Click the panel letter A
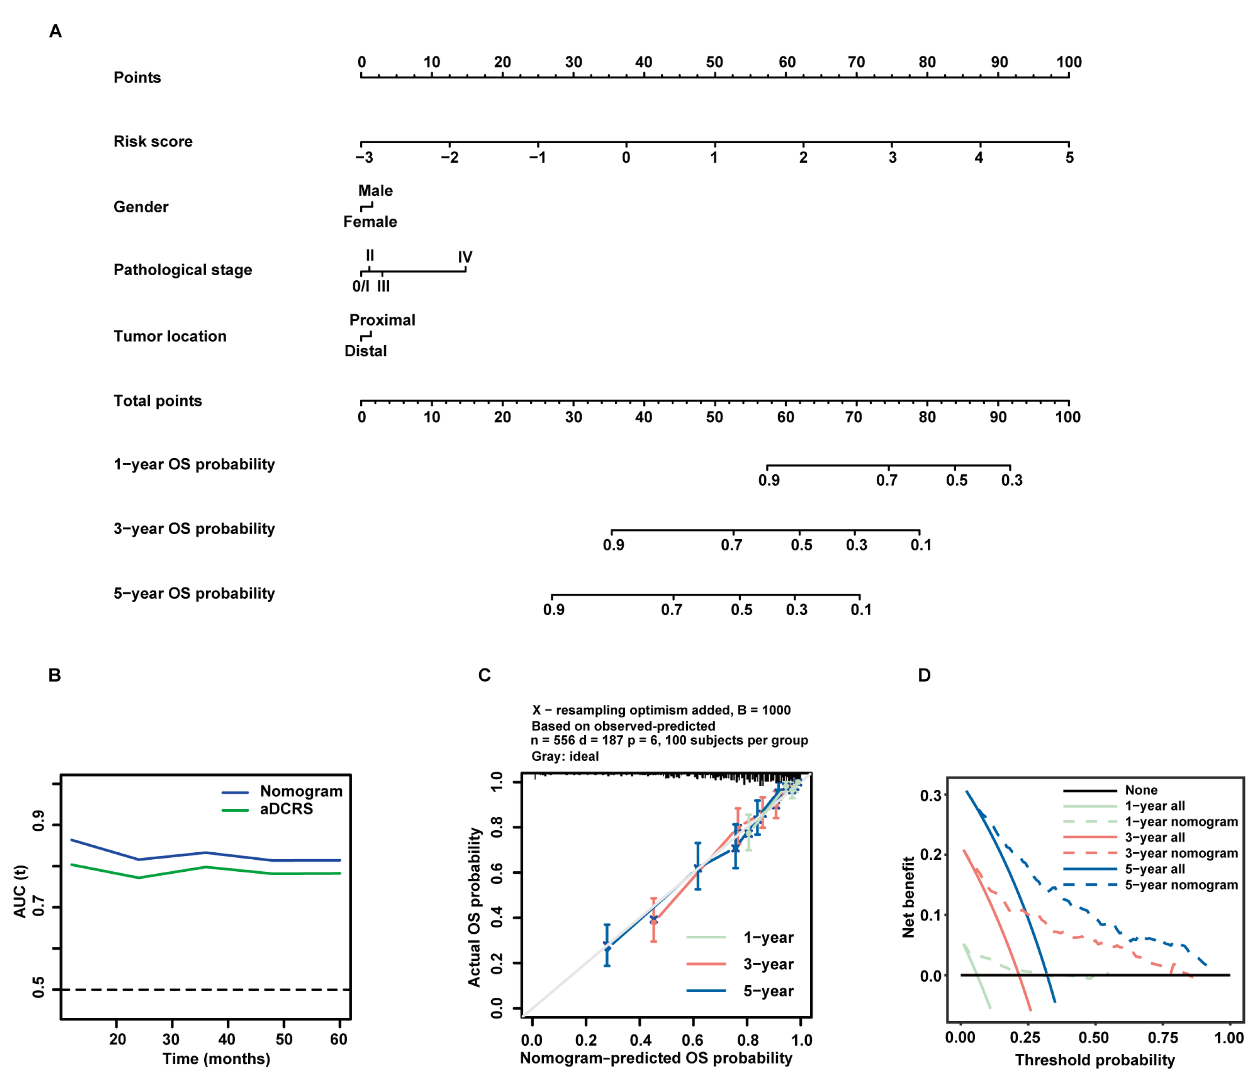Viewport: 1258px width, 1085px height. [x=55, y=31]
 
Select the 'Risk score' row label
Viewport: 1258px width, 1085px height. [x=153, y=141]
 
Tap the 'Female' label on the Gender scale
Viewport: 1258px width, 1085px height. [x=370, y=222]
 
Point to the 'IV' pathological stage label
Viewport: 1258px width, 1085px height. [x=465, y=257]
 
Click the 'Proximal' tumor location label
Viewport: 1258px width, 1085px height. [x=382, y=320]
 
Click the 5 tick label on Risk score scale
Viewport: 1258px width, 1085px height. [x=1069, y=158]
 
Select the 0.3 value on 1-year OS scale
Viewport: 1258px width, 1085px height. [x=1012, y=480]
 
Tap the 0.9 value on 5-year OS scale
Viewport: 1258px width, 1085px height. [x=553, y=610]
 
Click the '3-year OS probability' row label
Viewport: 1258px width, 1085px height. [x=194, y=529]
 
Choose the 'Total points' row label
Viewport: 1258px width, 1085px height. [x=157, y=401]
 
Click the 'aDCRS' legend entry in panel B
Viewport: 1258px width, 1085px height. [x=286, y=809]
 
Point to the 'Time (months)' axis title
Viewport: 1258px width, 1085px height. [x=215, y=1059]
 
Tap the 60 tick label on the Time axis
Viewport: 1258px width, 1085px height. [x=338, y=1039]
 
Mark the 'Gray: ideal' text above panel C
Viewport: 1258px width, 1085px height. [x=565, y=756]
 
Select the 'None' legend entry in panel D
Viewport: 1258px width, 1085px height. [x=1141, y=790]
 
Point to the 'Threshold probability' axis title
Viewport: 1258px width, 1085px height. [x=1095, y=1060]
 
